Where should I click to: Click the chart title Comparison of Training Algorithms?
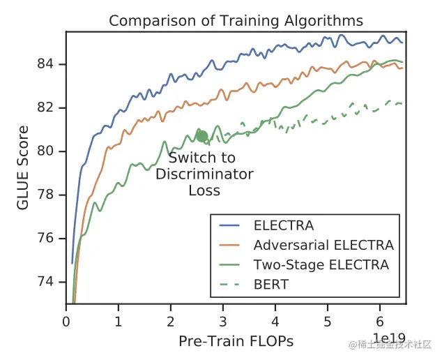pos(236,21)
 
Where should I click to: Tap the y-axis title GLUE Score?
pos(24,168)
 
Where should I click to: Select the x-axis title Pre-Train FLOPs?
pos(236,341)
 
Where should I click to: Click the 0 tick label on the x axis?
pos(66,323)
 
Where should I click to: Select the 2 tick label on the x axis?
pos(171,323)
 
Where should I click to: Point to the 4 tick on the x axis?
pos(275,323)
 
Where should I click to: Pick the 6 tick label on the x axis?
pos(380,323)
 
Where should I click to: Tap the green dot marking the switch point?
pos(202,136)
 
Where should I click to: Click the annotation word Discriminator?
pos(204,174)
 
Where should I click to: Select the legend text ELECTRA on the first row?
pos(284,226)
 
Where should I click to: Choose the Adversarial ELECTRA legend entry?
pos(323,246)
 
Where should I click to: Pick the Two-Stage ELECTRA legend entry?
pos(321,265)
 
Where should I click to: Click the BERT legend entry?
pos(271,285)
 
